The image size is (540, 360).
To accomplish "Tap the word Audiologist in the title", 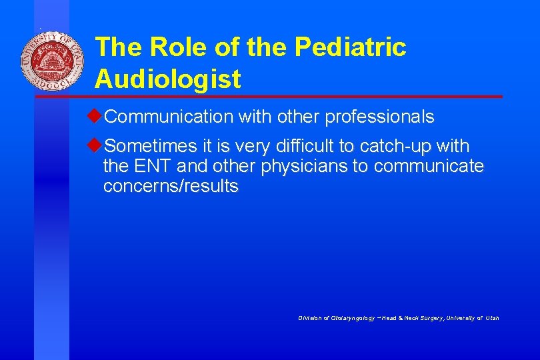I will click(167, 79).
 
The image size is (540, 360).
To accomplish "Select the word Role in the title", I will click(175, 47).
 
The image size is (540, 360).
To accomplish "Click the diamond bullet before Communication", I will click(99, 117).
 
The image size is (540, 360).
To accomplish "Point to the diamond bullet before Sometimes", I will click(99, 145).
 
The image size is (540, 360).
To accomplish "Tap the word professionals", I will click(379, 117).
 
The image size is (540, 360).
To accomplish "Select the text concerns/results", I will click(171, 186).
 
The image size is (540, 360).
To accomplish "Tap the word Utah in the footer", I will click(492, 318).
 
